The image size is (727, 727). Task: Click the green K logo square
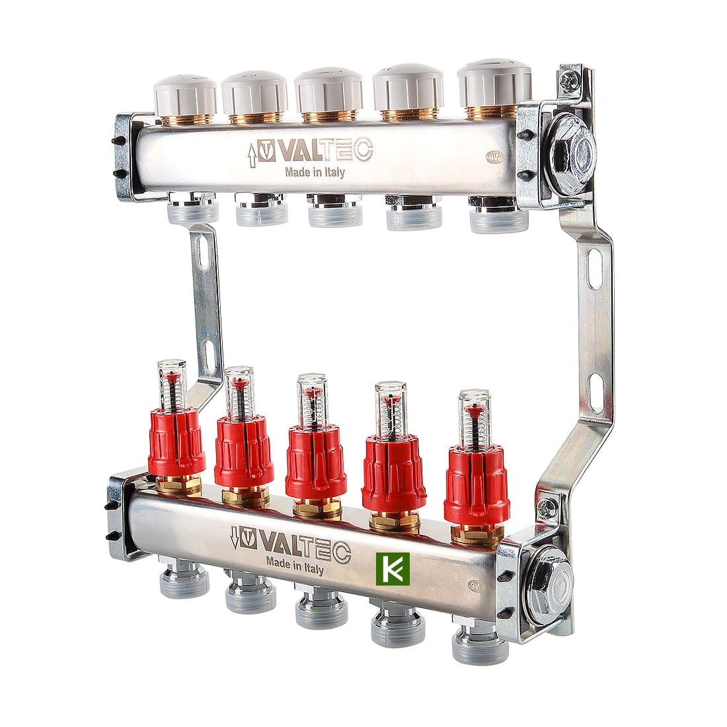tap(393, 568)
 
